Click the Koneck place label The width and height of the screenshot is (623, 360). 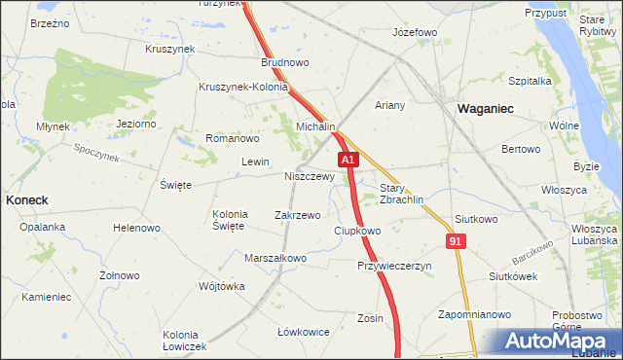[x=27, y=198]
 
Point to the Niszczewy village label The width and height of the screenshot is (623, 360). [x=310, y=177]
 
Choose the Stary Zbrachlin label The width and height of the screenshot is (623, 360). [x=400, y=194]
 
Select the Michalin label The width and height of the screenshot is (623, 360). [x=315, y=127]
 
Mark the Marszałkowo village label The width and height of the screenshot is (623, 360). [x=275, y=258]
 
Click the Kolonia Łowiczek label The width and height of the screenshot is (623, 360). [x=185, y=341]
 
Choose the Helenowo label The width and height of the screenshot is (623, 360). [x=136, y=228]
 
